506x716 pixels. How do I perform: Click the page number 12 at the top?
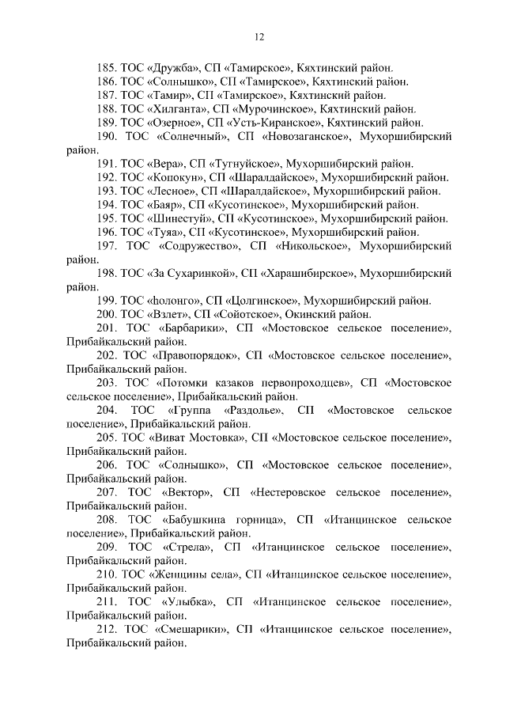coord(259,37)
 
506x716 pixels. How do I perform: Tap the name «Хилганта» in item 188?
coord(179,108)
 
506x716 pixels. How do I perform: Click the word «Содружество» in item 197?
coord(197,247)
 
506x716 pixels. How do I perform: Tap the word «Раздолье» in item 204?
coord(252,410)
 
